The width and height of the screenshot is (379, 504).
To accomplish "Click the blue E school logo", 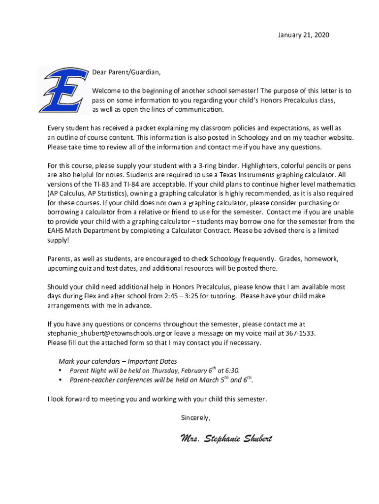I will click(x=62, y=90).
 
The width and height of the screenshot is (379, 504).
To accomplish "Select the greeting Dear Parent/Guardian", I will click(x=126, y=72).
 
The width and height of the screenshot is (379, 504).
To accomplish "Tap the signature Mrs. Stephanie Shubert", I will click(x=226, y=439).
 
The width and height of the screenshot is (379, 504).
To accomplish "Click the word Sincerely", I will click(x=195, y=418).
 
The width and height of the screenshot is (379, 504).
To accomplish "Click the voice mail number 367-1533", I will click(x=300, y=333).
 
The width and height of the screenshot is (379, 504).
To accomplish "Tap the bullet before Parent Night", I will click(x=60, y=371).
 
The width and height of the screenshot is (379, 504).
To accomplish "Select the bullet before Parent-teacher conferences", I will click(x=60, y=380).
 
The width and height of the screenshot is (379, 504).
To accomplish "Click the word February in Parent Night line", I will click(x=195, y=371).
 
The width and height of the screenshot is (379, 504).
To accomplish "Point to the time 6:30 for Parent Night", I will click(x=232, y=371).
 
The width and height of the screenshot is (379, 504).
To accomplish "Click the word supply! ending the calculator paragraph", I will click(x=58, y=240).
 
